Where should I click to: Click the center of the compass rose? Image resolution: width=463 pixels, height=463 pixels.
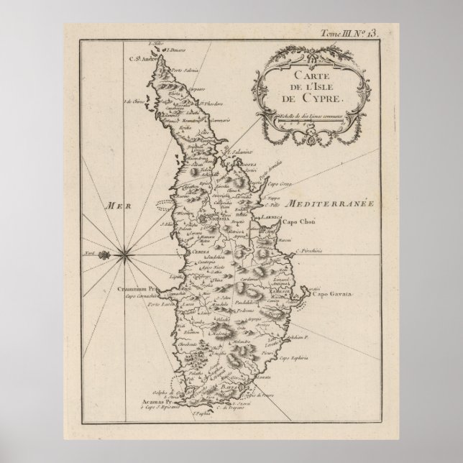tap(124, 252)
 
